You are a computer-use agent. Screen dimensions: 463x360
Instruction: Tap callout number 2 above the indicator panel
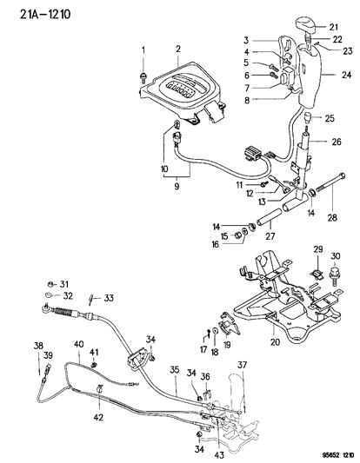tap(177, 49)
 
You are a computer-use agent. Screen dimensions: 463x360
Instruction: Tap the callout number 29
tap(317, 248)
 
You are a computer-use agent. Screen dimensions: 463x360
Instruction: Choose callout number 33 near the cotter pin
tap(109, 299)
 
